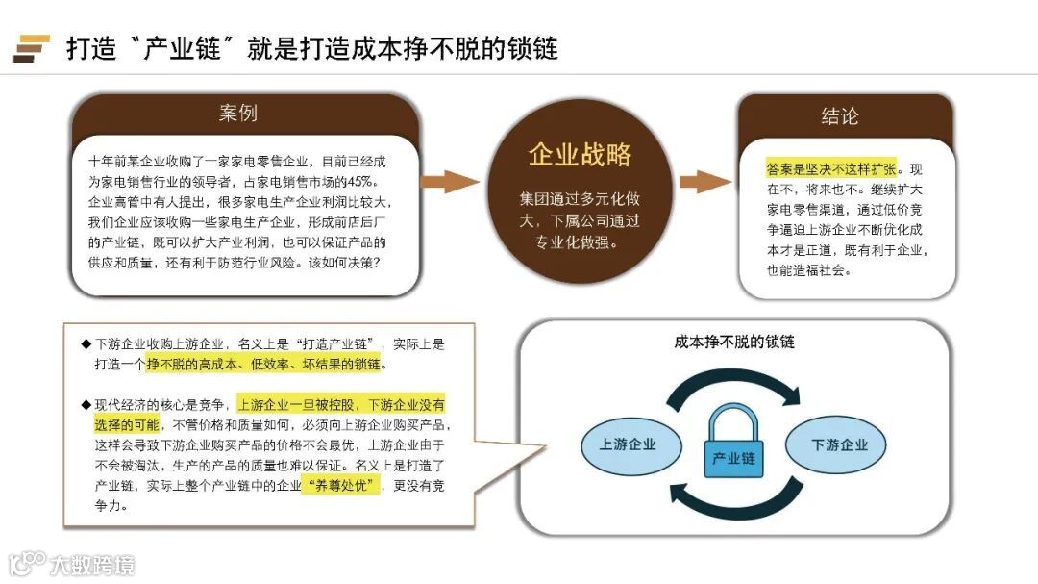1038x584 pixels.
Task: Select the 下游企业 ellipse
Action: (839, 444)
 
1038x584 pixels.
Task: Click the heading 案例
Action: (238, 114)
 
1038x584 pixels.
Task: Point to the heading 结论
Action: (840, 116)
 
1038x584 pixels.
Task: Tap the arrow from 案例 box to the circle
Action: (447, 182)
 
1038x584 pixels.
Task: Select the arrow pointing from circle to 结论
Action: (704, 182)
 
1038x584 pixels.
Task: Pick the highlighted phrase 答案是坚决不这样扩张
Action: (831, 167)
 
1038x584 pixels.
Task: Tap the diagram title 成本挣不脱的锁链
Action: (734, 343)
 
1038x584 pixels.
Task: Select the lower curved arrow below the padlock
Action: (734, 503)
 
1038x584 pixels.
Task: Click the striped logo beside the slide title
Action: (31, 48)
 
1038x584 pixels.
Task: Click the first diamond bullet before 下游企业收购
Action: (86, 343)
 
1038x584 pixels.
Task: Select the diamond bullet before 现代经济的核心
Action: (86, 403)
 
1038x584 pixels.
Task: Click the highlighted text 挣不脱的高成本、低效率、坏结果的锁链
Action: (263, 364)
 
